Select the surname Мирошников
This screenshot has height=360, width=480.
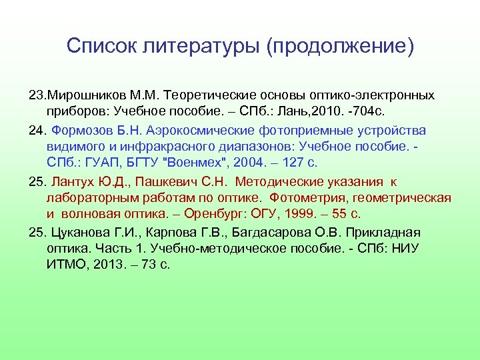click(77, 96)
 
